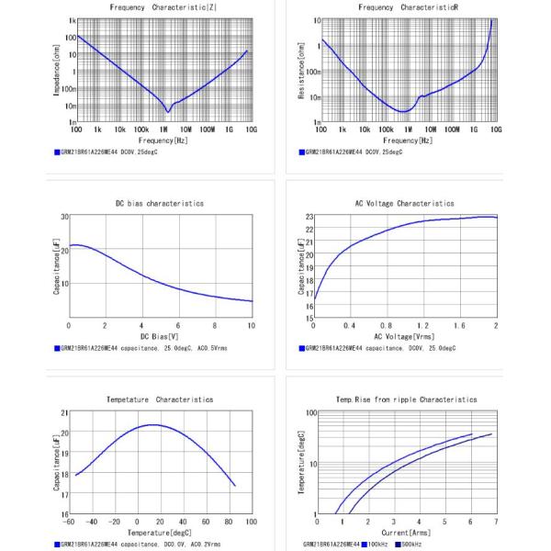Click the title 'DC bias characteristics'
click(x=160, y=203)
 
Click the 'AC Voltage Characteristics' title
click(x=405, y=203)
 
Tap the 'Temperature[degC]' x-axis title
click(x=160, y=533)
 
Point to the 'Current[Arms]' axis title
click(x=405, y=533)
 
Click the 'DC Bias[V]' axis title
click(x=160, y=336)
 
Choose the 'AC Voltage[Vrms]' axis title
click(x=405, y=336)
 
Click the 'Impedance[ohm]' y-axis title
click(x=57, y=72)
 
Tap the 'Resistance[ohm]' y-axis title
click(x=302, y=72)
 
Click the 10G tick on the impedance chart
click(x=251, y=130)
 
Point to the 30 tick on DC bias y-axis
click(x=64, y=217)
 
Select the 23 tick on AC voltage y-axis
click(x=309, y=217)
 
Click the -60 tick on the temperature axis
click(x=68, y=522)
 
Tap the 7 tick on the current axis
click(x=497, y=522)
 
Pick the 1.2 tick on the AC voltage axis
click(x=423, y=325)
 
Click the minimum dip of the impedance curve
click(x=168, y=111)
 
